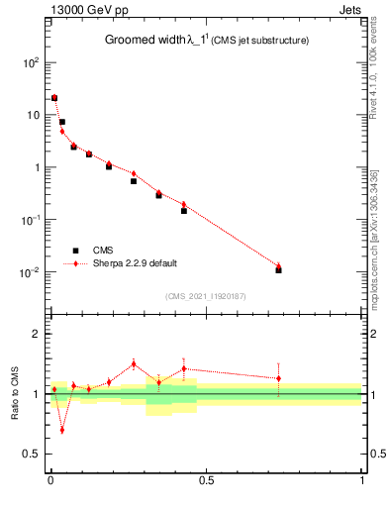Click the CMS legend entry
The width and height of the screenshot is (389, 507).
(x=103, y=250)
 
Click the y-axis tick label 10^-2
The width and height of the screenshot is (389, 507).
(x=30, y=272)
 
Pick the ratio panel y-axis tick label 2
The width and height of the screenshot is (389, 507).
(x=36, y=334)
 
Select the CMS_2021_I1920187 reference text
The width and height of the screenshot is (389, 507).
(x=206, y=296)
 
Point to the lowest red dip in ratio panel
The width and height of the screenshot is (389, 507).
(x=62, y=430)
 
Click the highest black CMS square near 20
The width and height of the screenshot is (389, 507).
(x=54, y=98)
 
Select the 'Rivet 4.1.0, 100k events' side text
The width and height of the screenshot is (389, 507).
(x=378, y=74)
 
